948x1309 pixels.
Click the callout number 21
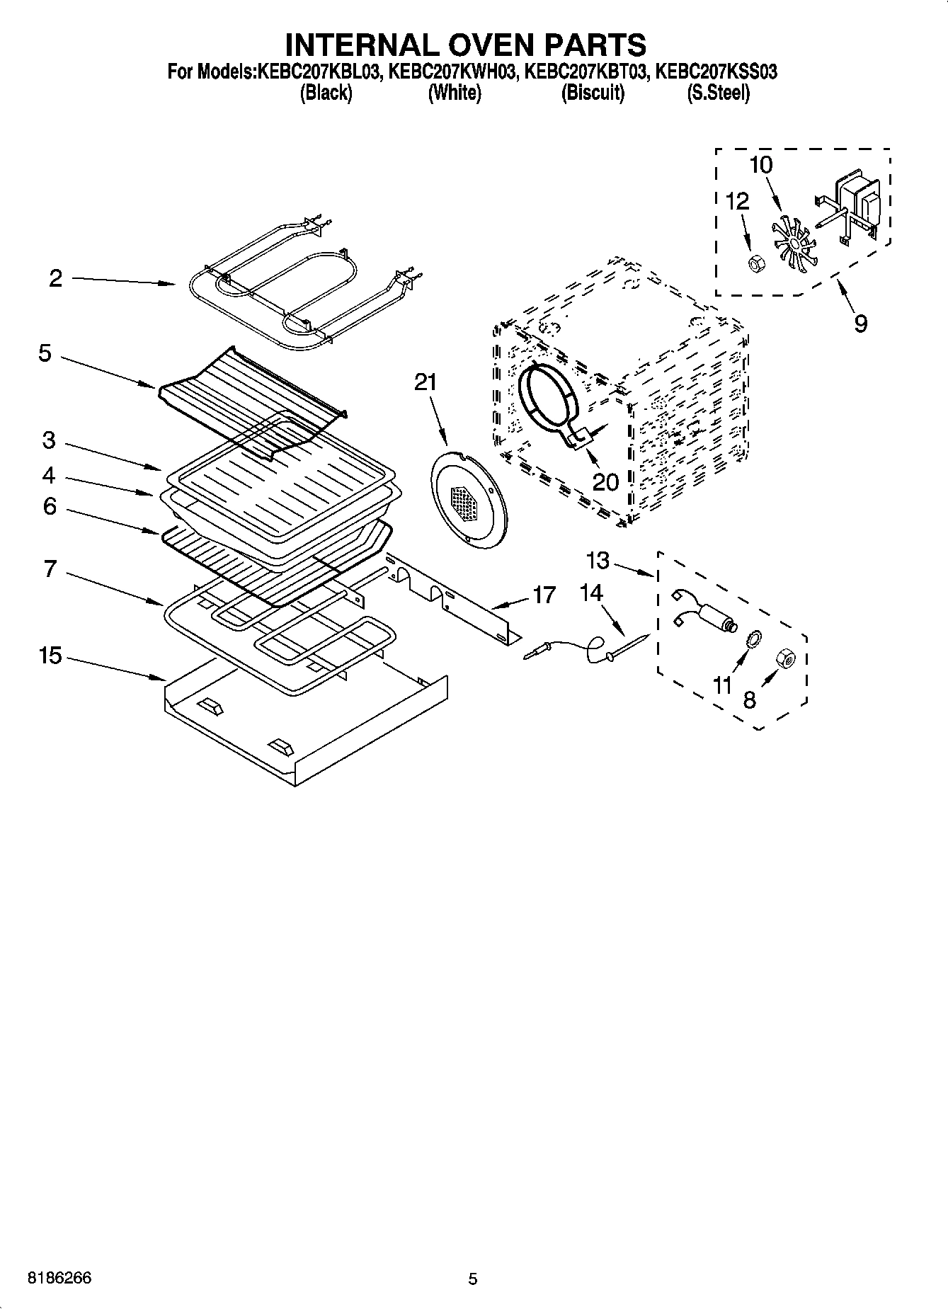[x=426, y=383]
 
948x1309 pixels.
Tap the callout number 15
[x=50, y=656]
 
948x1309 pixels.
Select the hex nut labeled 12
[x=755, y=264]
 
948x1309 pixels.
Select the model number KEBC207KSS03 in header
[x=716, y=72]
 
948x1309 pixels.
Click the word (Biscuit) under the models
[x=593, y=93]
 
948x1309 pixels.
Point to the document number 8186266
[x=59, y=1279]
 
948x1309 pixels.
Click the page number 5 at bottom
[x=473, y=1279]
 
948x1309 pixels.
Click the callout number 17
[x=544, y=595]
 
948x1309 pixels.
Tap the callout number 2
[x=55, y=278]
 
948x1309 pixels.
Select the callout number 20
[x=605, y=482]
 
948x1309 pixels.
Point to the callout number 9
[x=860, y=324]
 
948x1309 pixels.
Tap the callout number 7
[x=50, y=568]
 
